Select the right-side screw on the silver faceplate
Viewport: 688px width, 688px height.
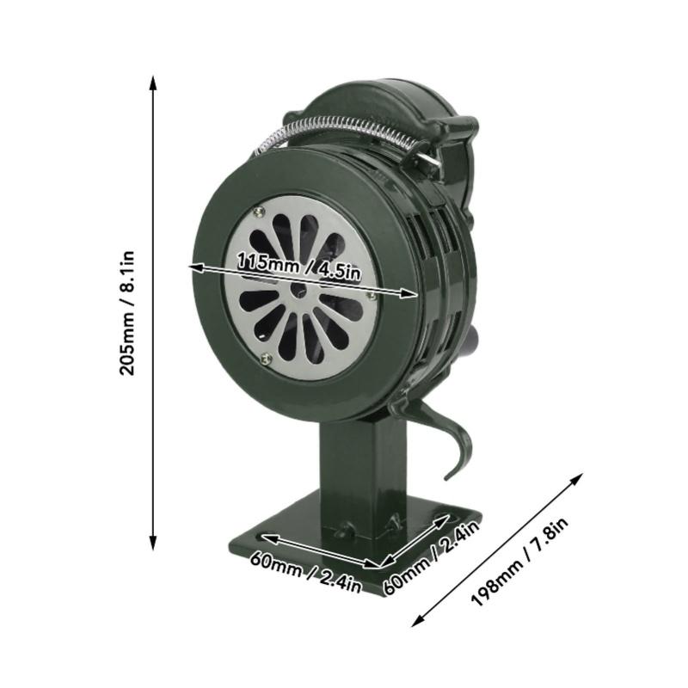tap(371, 296)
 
